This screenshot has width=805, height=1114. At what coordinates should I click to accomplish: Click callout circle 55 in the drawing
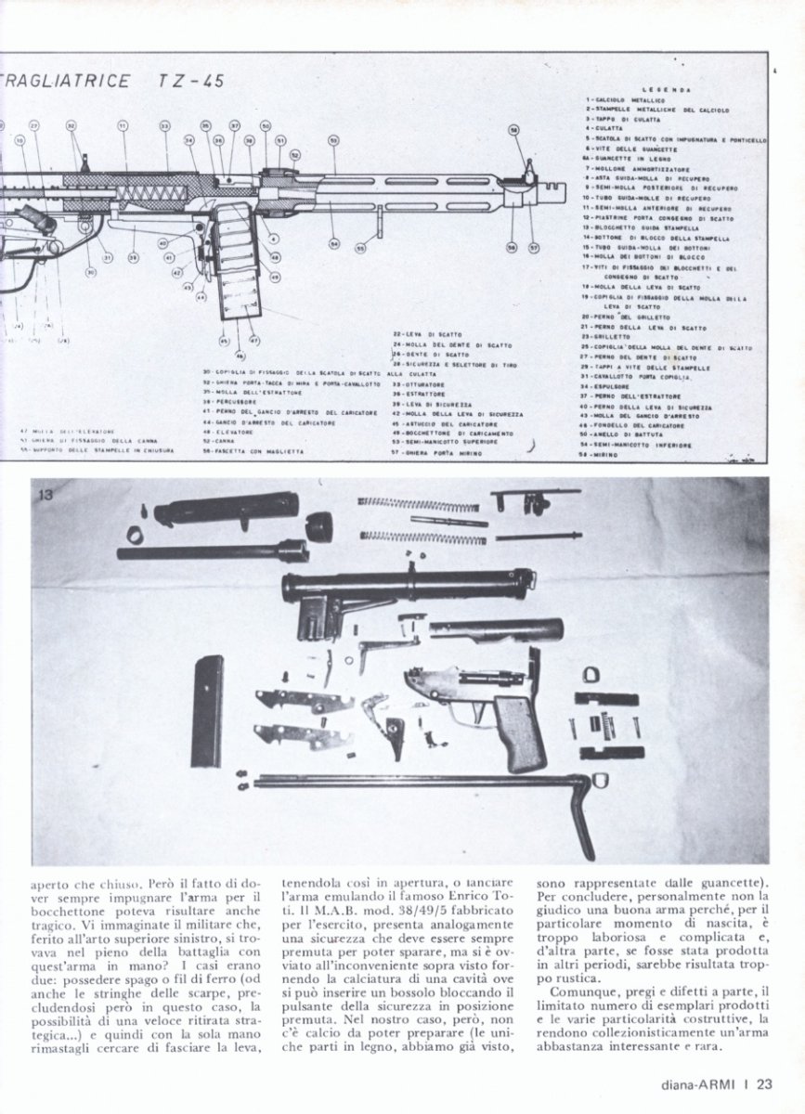tap(360, 248)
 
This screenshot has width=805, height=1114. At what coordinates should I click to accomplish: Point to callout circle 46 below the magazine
tap(240, 355)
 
